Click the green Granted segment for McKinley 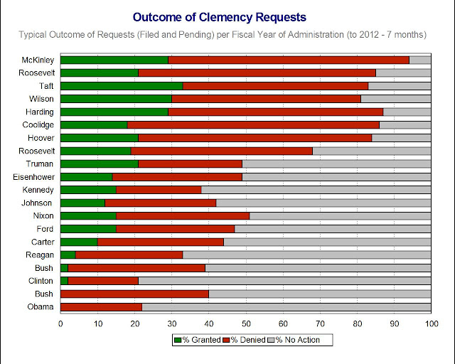(114, 60)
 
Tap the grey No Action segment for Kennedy (316, 190)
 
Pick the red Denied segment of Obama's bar (102, 307)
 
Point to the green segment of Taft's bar (122, 85)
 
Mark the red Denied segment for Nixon (183, 215)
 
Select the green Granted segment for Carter (79, 242)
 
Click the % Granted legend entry (197, 340)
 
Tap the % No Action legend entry (297, 340)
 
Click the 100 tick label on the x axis (430, 323)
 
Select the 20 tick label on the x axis (134, 323)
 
